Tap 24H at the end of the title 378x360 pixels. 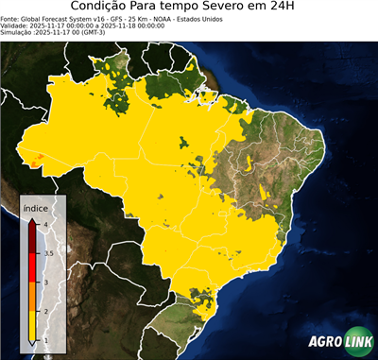point(294,9)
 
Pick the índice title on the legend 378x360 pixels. point(37,207)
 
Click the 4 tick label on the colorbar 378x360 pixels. point(46,223)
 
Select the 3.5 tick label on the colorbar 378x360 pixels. point(48,253)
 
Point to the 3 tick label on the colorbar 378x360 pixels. point(46,283)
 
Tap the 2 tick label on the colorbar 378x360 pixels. point(46,312)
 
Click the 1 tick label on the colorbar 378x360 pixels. point(46,341)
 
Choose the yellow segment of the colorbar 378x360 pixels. point(33,327)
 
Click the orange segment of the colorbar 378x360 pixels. point(33,298)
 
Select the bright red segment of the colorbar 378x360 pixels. point(33,268)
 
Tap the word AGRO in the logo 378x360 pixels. point(324,343)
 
